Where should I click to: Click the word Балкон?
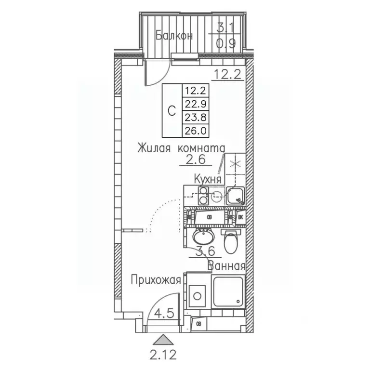point(174,36)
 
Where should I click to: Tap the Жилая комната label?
point(181,147)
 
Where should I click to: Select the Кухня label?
point(208,179)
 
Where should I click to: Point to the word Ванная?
point(226,265)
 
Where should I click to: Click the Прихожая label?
point(158,279)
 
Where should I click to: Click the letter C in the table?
point(171,110)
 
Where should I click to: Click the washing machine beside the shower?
point(197,294)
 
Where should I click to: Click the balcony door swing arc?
point(161,72)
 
